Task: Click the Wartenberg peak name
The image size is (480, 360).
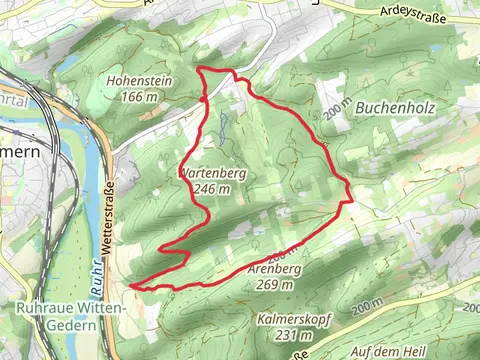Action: (212, 173)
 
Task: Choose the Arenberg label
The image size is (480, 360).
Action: (276, 269)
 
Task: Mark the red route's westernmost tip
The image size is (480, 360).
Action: (131, 285)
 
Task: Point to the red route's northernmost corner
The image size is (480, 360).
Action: (203, 68)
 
